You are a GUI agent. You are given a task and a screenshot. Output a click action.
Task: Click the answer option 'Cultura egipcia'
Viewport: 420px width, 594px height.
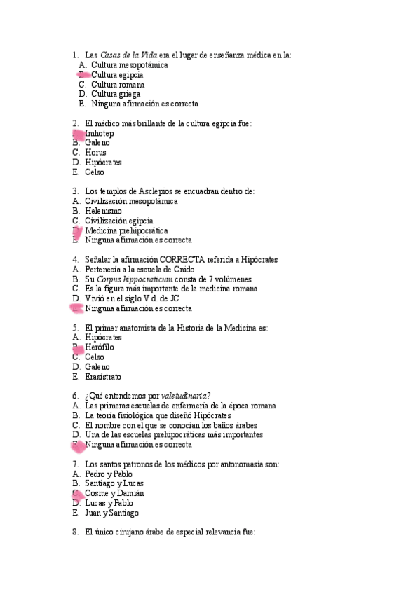point(117,74)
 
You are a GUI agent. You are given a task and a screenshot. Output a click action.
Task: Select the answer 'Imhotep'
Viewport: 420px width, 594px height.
point(99,133)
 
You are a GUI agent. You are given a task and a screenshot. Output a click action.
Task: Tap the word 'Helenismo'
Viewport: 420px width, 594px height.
point(103,211)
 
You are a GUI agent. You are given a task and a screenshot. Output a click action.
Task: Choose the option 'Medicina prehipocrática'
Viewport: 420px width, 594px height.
point(126,230)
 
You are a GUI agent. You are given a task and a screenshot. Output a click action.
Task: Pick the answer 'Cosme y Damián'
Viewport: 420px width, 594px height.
point(114,493)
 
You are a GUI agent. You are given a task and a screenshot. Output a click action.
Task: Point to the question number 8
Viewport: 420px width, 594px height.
point(75,532)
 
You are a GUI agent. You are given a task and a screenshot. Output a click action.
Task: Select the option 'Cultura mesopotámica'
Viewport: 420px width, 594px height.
point(129,64)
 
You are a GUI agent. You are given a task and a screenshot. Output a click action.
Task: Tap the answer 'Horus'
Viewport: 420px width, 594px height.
point(95,152)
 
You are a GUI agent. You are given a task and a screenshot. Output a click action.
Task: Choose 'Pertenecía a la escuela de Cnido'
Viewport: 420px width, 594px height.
point(140,269)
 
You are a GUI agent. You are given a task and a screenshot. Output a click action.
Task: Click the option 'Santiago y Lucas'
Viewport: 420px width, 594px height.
point(115,483)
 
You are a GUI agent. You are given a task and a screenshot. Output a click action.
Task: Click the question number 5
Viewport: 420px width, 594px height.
point(75,327)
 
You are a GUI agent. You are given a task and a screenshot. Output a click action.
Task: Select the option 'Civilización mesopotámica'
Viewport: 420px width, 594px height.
point(131,201)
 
